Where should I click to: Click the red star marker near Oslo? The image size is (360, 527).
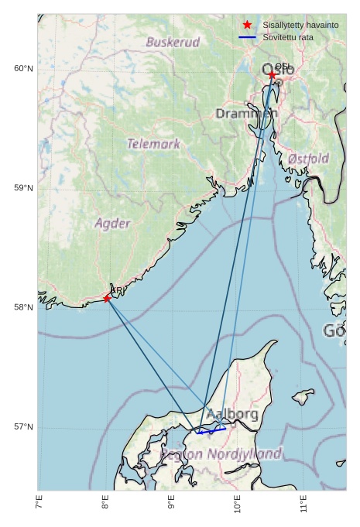click(272, 75)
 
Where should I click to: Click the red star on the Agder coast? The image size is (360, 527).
click(107, 299)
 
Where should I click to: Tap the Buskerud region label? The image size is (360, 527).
click(173, 42)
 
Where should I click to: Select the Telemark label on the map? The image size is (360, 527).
click(153, 144)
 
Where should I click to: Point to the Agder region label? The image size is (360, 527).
click(112, 223)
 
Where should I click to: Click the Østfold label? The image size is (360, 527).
click(308, 159)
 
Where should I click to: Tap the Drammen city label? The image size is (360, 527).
click(246, 114)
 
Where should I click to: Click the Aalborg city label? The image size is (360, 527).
click(231, 415)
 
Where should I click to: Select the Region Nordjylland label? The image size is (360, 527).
click(221, 454)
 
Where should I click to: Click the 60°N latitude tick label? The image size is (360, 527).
click(23, 69)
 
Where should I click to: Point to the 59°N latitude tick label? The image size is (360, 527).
click(23, 188)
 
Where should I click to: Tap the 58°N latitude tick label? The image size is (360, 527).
click(23, 307)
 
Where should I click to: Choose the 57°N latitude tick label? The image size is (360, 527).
click(23, 427)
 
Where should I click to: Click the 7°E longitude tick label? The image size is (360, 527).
click(39, 504)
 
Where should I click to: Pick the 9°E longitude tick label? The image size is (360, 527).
click(171, 504)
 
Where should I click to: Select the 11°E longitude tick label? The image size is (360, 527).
click(303, 504)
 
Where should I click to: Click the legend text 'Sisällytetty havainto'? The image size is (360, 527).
click(300, 26)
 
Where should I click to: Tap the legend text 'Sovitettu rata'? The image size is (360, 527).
click(288, 37)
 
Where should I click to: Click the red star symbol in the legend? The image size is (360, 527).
click(247, 26)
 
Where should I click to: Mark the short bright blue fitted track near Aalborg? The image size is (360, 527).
click(211, 430)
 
